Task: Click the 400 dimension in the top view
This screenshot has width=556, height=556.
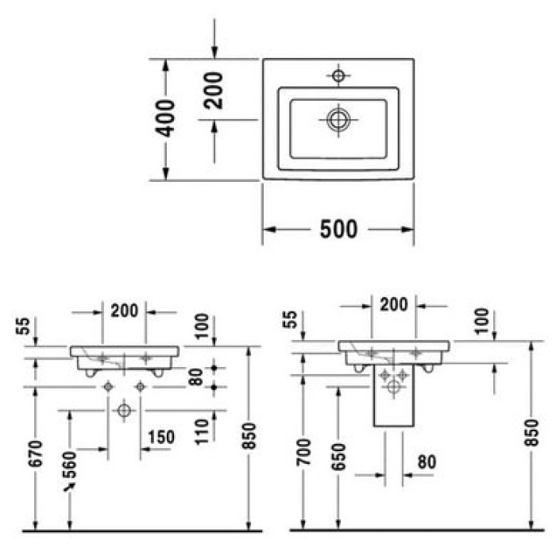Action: pos(165,118)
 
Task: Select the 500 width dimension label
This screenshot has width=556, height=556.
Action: pos(338,230)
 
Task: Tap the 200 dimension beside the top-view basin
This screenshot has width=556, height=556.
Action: pos(214,90)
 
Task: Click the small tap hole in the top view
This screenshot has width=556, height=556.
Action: pos(339,76)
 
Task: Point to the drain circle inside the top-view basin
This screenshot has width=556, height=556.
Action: pos(339,119)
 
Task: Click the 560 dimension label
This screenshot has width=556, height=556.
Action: pos(70,463)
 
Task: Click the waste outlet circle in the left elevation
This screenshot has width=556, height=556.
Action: pos(123,411)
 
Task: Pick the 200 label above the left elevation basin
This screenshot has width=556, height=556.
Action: pos(125,311)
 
